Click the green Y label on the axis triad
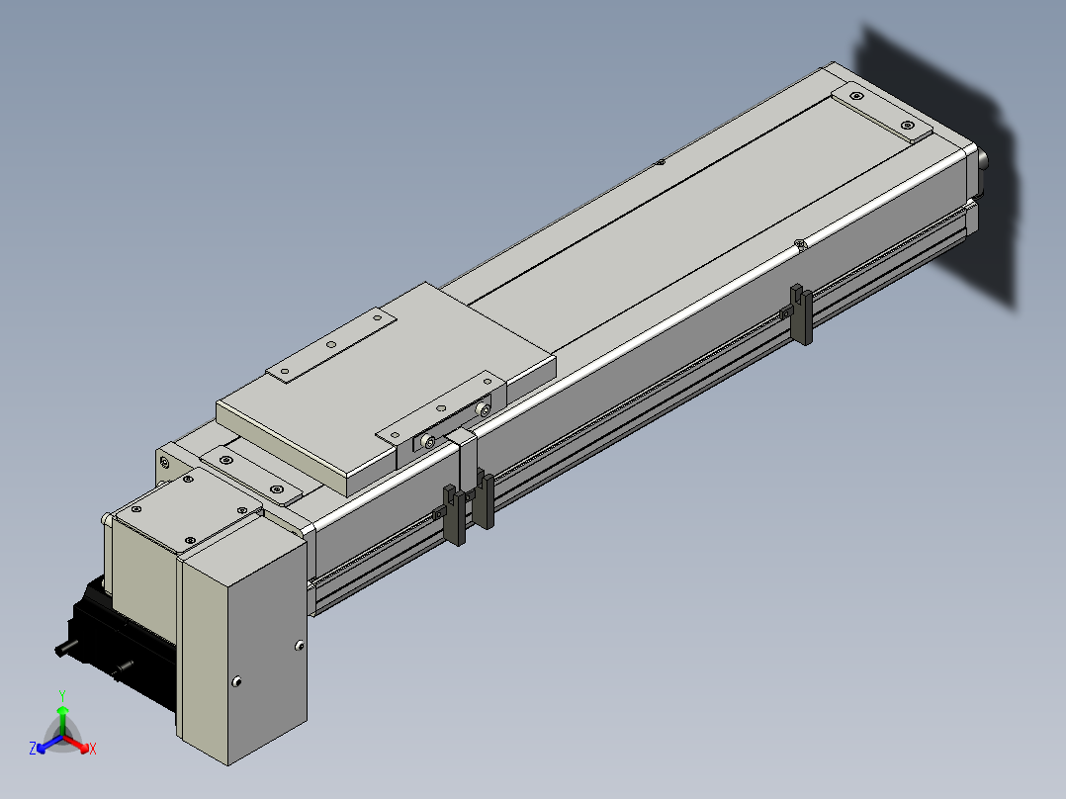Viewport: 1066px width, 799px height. pos(62,695)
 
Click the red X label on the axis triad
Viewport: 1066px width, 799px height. pos(93,749)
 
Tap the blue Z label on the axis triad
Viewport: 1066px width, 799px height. pos(33,748)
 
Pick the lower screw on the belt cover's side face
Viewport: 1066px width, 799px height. pos(236,681)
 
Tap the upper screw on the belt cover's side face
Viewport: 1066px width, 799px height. pos(299,646)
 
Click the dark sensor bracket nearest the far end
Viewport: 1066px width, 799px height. pos(801,314)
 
